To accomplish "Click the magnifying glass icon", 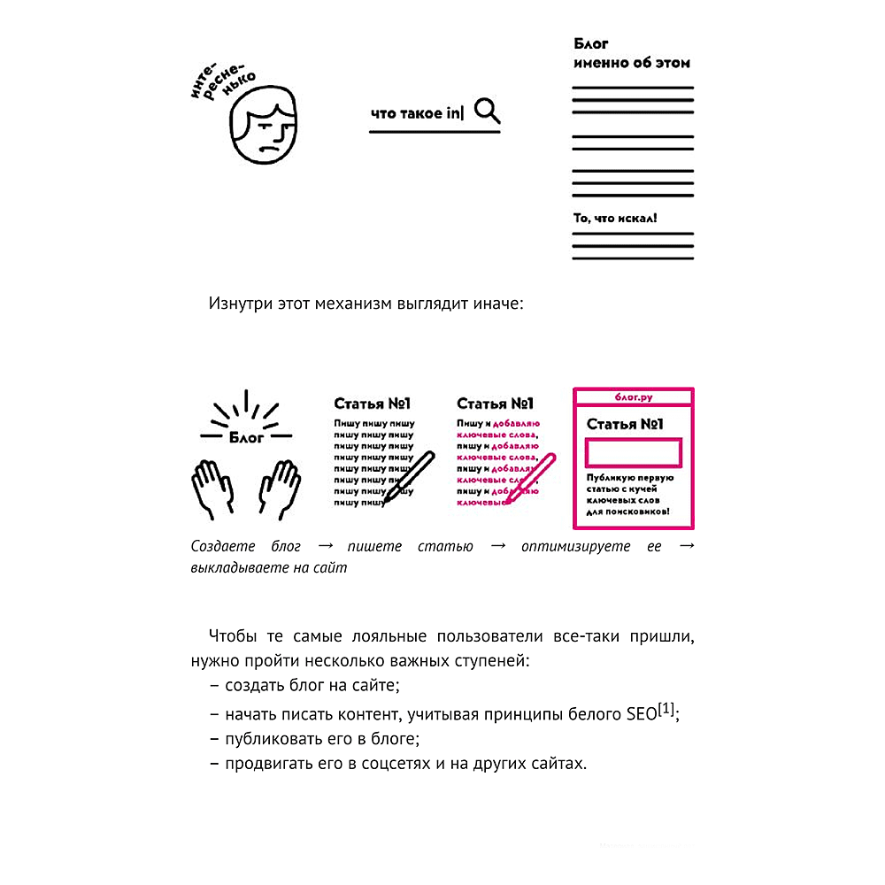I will pos(487,111).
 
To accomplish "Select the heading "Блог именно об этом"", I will pos(631,53).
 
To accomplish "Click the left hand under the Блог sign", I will pos(212,489).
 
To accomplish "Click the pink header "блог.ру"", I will pos(633,396).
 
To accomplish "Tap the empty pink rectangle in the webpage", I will pos(633,453).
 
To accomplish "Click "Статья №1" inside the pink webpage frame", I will pos(626,424).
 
